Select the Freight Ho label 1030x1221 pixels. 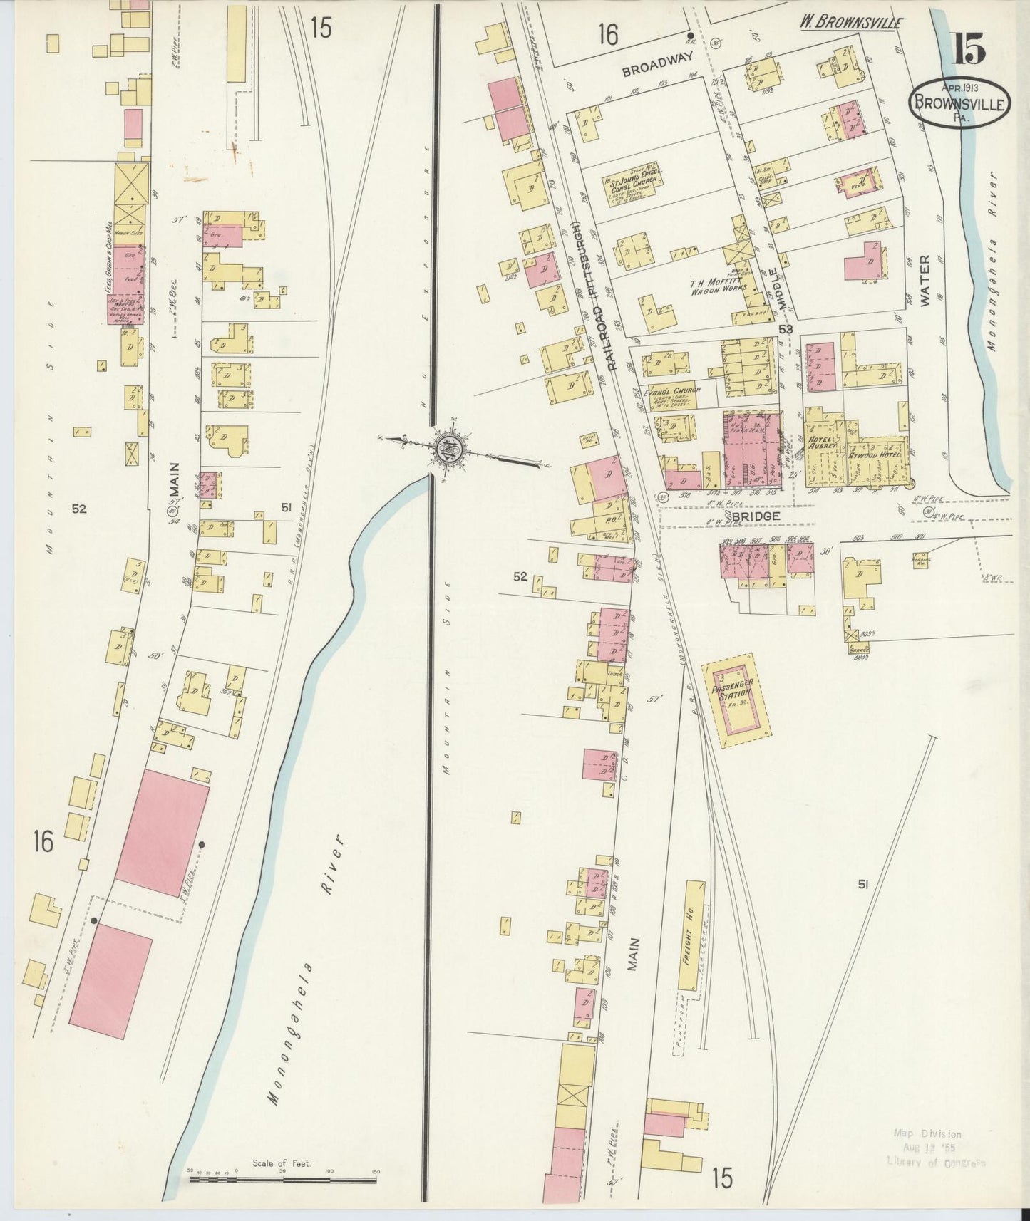(691, 935)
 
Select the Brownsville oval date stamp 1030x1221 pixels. (959, 104)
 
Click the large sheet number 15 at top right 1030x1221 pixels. (967, 48)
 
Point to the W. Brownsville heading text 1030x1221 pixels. (849, 22)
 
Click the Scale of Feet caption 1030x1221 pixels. (282, 1163)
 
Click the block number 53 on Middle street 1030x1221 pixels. (786, 329)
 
